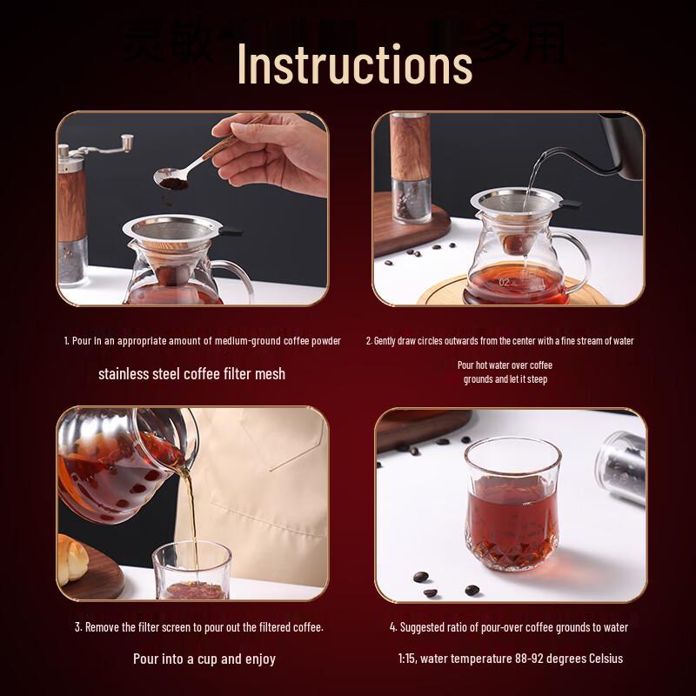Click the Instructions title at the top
click(x=355, y=62)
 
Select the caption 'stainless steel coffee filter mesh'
click(x=191, y=373)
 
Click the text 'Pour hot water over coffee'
click(x=505, y=365)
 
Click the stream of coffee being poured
click(x=189, y=505)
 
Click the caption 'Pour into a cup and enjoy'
click(x=204, y=659)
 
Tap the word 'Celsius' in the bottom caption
click(x=601, y=659)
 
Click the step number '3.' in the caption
click(x=78, y=627)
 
